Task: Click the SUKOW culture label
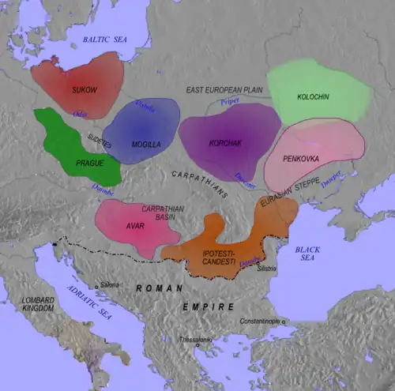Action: [83, 89]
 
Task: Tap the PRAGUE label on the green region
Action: [89, 163]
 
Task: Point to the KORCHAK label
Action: [225, 143]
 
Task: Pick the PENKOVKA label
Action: [314, 148]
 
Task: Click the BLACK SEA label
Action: [307, 254]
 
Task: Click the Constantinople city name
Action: [261, 321]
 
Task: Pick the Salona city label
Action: [109, 284]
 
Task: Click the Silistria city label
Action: [268, 269]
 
